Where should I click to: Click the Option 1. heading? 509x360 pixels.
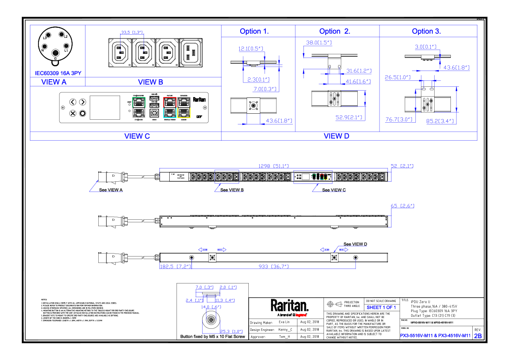[x=254, y=31]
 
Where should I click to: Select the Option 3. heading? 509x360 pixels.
[x=426, y=31]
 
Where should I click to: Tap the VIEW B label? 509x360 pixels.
[x=150, y=82]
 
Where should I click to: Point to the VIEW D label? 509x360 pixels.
[x=336, y=136]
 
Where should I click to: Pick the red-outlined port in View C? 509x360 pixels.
[x=170, y=103]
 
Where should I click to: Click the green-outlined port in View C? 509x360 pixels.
[x=139, y=103]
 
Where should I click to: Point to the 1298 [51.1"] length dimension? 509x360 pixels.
[x=273, y=166]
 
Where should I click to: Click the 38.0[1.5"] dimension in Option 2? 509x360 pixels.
[x=319, y=43]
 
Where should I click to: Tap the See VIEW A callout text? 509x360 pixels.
[x=111, y=190]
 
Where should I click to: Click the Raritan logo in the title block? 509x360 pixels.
[x=289, y=306]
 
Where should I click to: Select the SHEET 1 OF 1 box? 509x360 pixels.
[x=381, y=307]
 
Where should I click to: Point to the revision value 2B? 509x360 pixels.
[x=478, y=336]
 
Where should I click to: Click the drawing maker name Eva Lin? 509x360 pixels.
[x=284, y=322]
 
